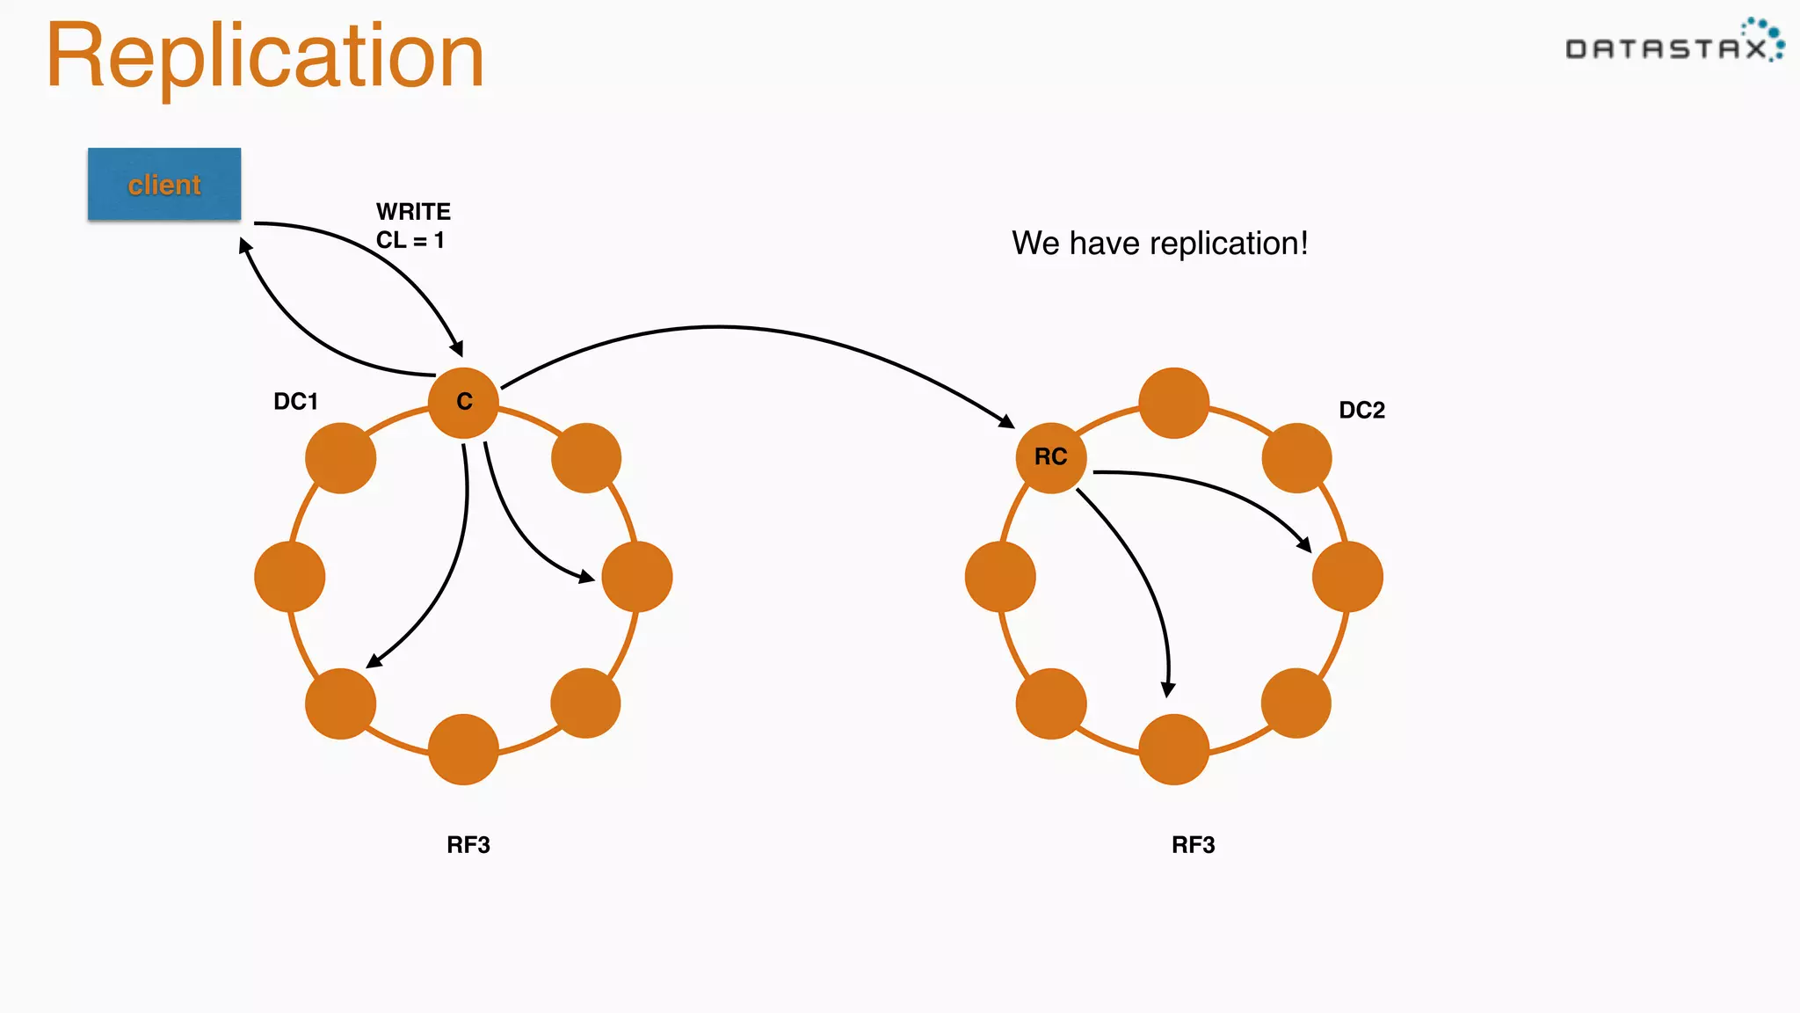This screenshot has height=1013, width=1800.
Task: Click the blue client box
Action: [164, 184]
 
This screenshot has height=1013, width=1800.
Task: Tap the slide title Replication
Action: [265, 56]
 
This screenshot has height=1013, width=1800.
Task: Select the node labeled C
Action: [463, 402]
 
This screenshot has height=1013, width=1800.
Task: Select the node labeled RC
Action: [1050, 457]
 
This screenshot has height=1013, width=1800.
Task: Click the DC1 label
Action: [295, 402]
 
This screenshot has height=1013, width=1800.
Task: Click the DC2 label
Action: [1361, 410]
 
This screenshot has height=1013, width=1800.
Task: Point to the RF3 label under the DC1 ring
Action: [468, 845]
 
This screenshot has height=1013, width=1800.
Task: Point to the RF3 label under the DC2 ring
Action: [1193, 845]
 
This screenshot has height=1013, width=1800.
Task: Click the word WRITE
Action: [413, 212]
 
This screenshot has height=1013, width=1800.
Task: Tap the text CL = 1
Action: [410, 240]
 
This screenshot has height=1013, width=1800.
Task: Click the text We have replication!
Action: [1159, 244]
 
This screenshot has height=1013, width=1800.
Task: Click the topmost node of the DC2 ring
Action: [1173, 403]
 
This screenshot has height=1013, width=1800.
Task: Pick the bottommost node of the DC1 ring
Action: [463, 749]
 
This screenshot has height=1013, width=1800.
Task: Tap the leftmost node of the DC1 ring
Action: [289, 577]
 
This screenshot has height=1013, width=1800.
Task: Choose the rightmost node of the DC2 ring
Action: [1347, 577]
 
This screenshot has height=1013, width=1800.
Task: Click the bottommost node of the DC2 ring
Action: [1173, 749]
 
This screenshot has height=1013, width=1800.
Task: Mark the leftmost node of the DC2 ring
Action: [999, 577]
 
